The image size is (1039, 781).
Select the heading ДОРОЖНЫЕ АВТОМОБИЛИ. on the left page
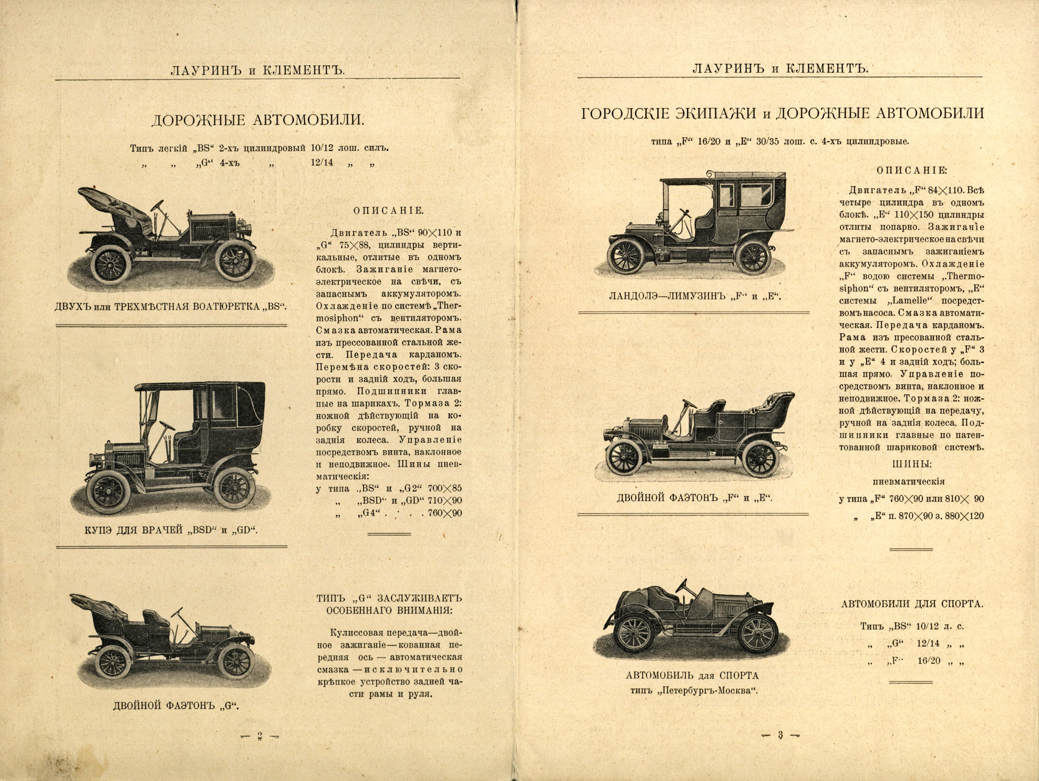point(258,120)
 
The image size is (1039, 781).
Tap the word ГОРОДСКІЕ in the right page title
point(632,114)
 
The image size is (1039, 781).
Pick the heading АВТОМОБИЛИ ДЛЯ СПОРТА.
point(911,604)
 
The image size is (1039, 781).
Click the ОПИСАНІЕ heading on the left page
point(389,210)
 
